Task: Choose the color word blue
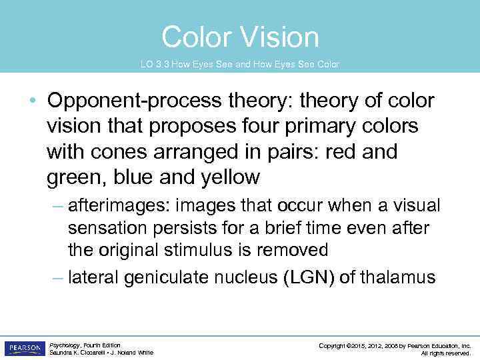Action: [137, 177]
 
